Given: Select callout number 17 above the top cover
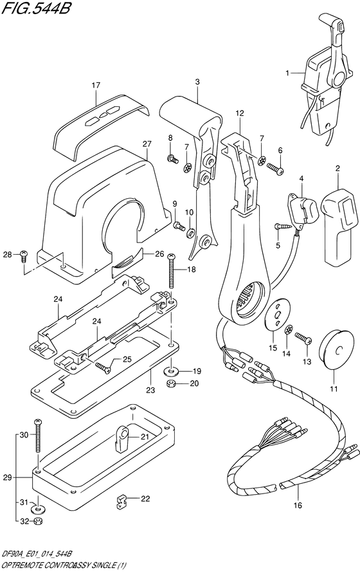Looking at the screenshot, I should click(x=96, y=85).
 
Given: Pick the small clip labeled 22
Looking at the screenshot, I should click(x=121, y=502).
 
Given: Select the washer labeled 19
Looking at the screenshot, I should click(x=172, y=371).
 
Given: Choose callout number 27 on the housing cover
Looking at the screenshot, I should click(x=146, y=144).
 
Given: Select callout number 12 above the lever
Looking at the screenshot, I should click(x=239, y=114).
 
